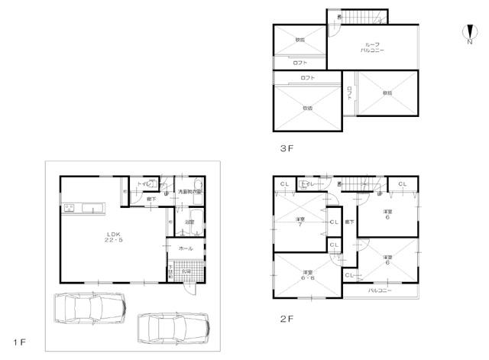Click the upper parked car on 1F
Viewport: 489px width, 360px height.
click(x=89, y=310)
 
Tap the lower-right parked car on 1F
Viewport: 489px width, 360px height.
click(x=173, y=328)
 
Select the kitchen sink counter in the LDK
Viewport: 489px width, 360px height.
click(x=79, y=207)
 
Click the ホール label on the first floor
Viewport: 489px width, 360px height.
click(x=186, y=249)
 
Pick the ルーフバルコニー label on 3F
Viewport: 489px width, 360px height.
click(x=374, y=47)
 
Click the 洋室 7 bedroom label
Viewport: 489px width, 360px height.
click(x=300, y=222)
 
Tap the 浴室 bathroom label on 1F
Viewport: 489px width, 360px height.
click(x=189, y=222)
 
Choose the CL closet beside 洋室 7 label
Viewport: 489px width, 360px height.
click(x=333, y=222)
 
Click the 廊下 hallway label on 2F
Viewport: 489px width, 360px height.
click(x=348, y=222)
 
